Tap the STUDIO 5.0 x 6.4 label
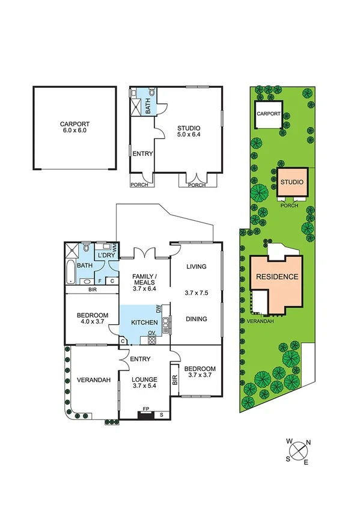188,132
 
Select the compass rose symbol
298,451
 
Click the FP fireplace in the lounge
145,414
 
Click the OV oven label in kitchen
152,333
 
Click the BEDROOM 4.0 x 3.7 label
92,320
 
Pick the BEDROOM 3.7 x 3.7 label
199,372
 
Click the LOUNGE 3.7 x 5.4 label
145,383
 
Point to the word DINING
197,319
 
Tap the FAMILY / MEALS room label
144,280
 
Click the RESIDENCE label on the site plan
277,277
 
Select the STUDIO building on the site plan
292,182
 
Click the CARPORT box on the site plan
269,114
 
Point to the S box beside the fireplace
162,414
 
